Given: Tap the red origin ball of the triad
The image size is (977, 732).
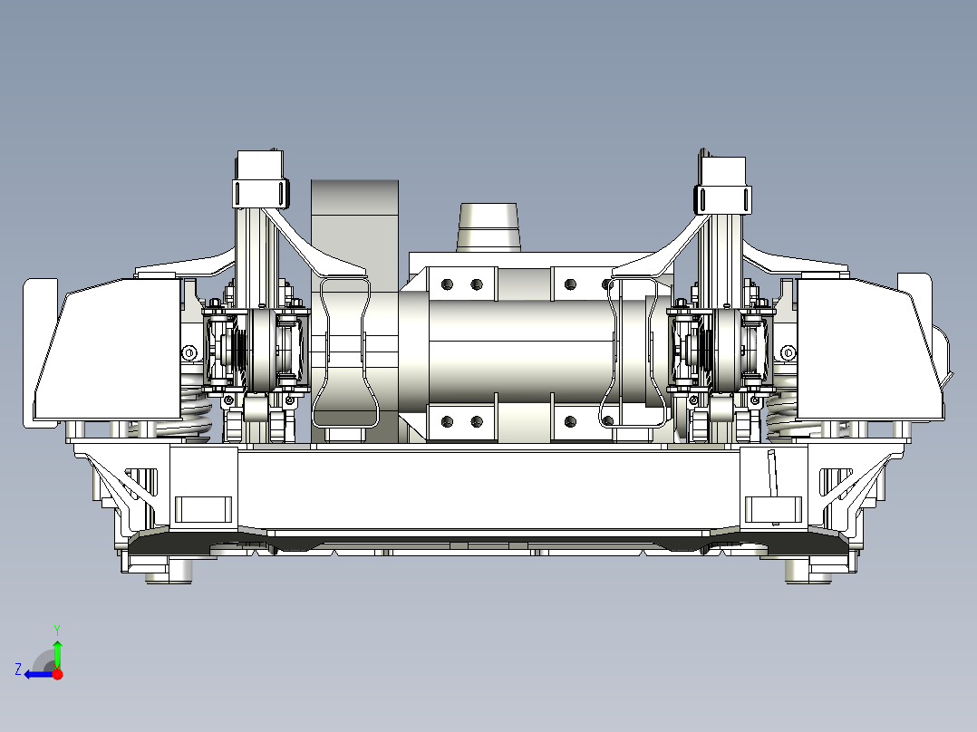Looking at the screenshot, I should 58,674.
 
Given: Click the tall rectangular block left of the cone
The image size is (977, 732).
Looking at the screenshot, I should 354,217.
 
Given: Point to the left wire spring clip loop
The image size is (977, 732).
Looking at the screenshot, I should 342,353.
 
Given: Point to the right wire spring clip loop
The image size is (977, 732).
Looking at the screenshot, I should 634,353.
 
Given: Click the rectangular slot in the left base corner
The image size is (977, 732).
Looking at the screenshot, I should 204,509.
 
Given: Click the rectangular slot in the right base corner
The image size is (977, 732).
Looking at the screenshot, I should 773,509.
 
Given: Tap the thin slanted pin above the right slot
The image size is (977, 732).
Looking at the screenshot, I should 773,471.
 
